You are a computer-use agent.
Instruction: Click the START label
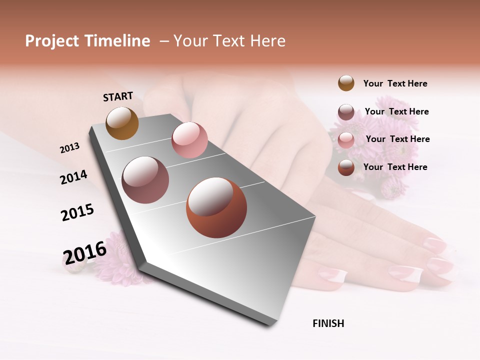[x=118, y=96]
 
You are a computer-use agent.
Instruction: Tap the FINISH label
[x=328, y=323]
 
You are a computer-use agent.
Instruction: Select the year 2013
[x=69, y=148]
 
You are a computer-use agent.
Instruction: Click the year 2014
[x=73, y=177]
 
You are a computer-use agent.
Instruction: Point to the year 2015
[x=77, y=212]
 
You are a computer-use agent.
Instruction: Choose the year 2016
[x=85, y=252]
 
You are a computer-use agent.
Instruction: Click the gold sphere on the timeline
[x=122, y=123]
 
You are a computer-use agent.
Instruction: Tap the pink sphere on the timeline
[x=189, y=139]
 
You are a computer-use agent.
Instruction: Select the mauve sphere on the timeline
[x=145, y=179]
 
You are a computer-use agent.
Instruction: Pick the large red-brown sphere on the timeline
[x=216, y=207]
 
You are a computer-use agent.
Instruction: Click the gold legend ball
[x=346, y=83]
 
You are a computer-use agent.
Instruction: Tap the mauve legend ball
[x=346, y=112]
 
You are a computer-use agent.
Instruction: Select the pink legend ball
[x=346, y=140]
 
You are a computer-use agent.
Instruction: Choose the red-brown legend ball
[x=346, y=167]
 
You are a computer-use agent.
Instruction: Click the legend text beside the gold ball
[x=395, y=83]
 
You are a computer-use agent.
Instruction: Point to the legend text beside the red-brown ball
[x=395, y=167]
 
